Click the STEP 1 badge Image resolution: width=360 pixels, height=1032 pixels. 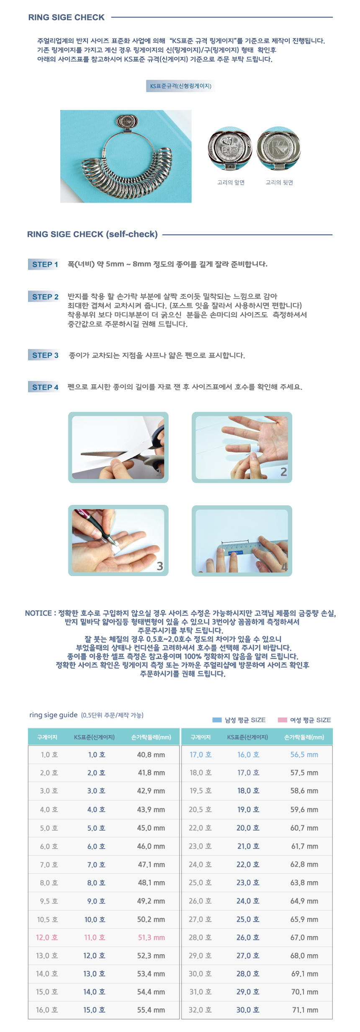[x=43, y=264]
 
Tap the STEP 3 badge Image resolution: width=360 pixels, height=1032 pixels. [x=43, y=355]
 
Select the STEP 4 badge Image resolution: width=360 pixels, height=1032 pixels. [x=43, y=387]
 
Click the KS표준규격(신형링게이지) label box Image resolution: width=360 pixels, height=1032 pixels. [x=180, y=86]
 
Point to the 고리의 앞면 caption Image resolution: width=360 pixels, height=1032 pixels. [x=231, y=183]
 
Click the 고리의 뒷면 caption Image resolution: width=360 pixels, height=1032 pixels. [x=279, y=183]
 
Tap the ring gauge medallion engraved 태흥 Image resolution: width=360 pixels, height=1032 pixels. [x=230, y=149]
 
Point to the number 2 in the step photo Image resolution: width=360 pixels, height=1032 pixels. [x=283, y=472]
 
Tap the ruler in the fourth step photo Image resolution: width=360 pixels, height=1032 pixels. [x=241, y=549]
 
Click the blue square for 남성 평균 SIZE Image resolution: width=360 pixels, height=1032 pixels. [x=217, y=720]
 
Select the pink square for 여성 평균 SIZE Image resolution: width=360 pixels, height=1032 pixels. [x=283, y=720]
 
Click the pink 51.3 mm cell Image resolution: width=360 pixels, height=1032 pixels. [x=151, y=937]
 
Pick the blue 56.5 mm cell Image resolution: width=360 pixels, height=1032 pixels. [x=304, y=754]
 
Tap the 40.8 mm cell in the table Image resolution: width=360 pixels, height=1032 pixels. [x=151, y=754]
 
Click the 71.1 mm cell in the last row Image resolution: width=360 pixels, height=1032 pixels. [x=305, y=1010]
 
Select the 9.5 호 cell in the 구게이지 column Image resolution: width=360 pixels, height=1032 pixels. [x=49, y=901]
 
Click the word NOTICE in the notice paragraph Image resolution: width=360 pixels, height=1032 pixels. [x=38, y=613]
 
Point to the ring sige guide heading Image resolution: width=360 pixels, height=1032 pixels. [x=54, y=715]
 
